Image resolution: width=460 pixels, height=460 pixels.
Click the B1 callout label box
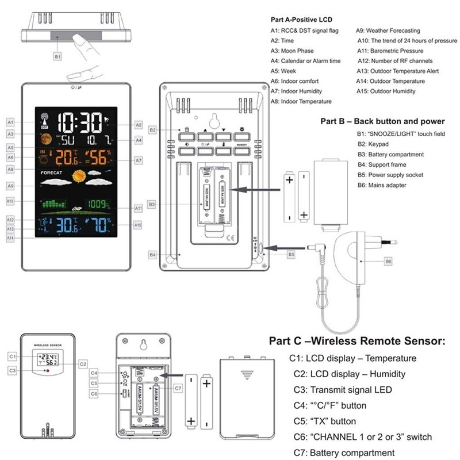click(57, 56)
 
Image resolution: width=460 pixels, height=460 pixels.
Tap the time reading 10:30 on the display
click(80, 122)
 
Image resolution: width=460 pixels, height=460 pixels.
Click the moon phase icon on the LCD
click(45, 138)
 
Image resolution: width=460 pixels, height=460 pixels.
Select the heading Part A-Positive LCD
click(301, 20)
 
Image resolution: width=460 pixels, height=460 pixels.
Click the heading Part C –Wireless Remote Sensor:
click(356, 341)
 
